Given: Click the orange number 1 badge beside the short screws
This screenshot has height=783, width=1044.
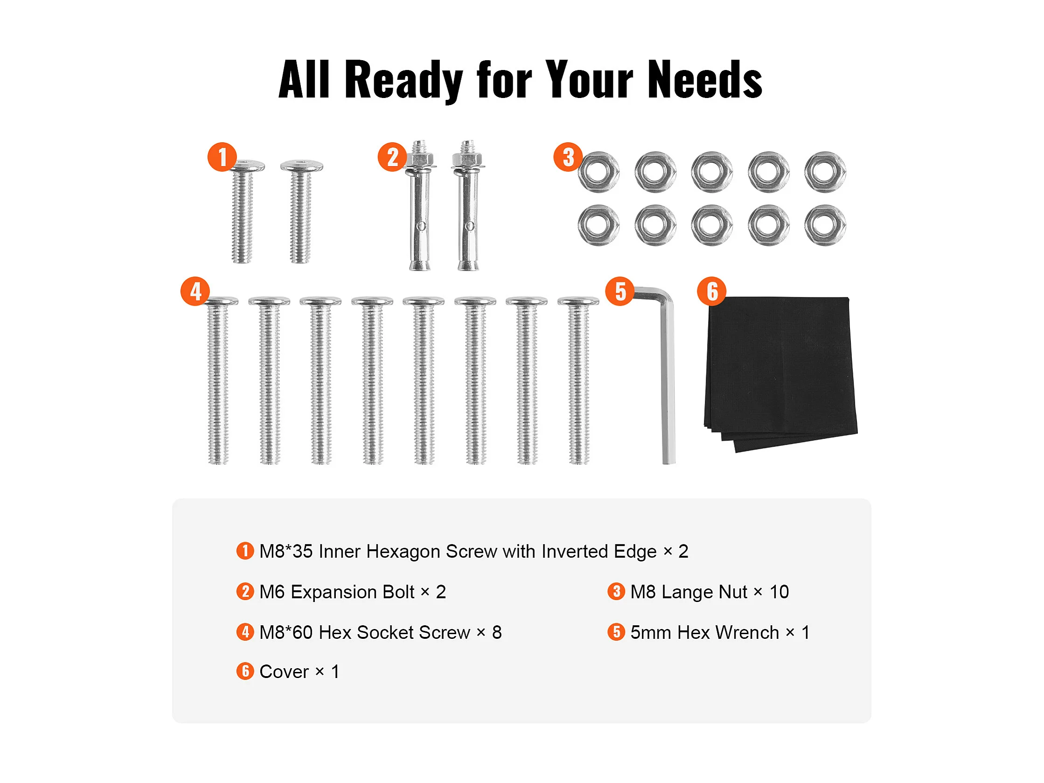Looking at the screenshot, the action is (222, 157).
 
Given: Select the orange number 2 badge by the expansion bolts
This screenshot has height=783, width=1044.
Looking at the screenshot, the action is (392, 157).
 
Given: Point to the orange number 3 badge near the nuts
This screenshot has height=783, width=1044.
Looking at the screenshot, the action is (568, 157).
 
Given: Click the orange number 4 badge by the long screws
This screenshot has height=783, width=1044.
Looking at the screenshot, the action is (195, 291).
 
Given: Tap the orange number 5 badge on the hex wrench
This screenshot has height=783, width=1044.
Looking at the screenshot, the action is (620, 291).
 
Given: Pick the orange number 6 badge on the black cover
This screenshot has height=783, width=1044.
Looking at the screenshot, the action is (712, 291).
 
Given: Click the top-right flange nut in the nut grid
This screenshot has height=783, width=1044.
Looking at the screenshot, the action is (825, 172).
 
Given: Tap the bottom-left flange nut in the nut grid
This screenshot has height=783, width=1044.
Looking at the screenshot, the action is (599, 225).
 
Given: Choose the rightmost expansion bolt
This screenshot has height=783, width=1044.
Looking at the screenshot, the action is (468, 205).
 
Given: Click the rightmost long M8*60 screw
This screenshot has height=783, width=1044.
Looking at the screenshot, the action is (578, 380).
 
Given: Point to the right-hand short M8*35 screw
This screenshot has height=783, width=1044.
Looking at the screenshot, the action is (301, 211).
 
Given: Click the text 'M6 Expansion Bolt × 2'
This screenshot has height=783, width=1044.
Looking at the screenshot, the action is (353, 592).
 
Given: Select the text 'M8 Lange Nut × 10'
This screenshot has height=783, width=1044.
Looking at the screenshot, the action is (710, 592).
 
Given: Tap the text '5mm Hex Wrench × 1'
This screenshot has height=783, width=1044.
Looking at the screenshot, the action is (720, 632).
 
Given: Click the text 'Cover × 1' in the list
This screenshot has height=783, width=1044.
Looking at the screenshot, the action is (299, 671).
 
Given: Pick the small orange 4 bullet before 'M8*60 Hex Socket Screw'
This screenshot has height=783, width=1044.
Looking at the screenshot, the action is (245, 632).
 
